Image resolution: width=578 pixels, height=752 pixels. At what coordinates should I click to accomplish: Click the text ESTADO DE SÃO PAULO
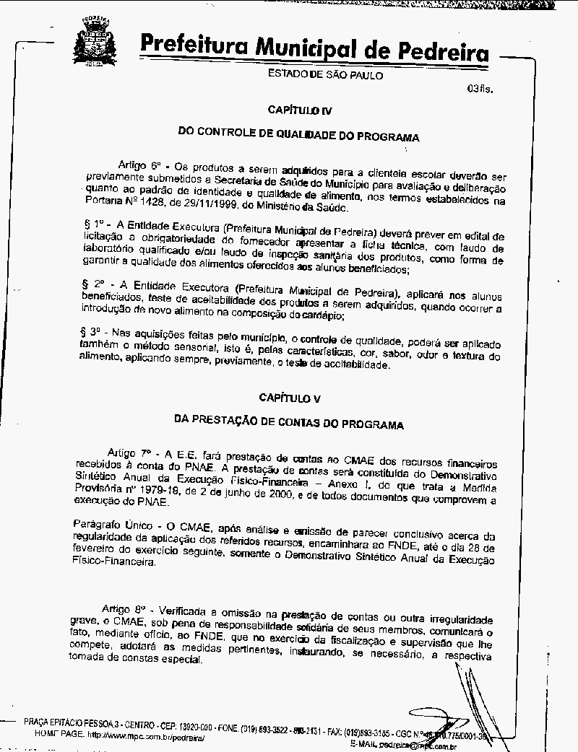tap(325, 74)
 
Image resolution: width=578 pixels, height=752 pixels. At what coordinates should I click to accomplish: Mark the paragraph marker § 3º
tap(91, 331)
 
